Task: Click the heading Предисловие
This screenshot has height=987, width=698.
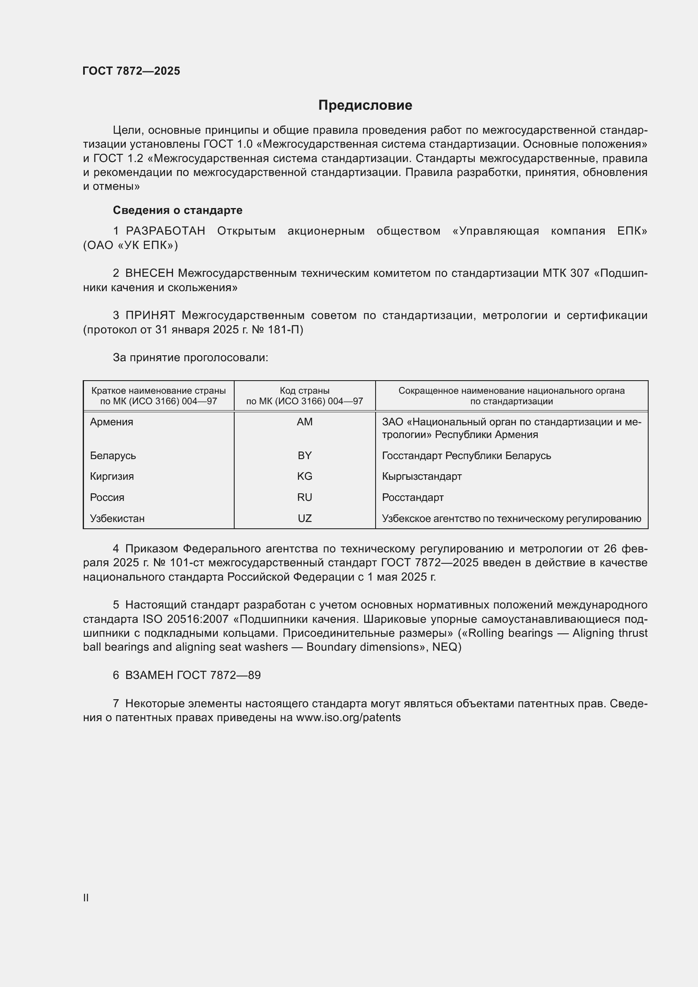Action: click(365, 105)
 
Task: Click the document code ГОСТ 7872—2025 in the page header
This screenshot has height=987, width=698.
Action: click(131, 71)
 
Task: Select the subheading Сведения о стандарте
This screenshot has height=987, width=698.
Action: click(178, 210)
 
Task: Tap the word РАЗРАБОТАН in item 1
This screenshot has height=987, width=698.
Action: click(165, 231)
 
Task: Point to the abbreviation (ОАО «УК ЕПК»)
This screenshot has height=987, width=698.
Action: click(130, 246)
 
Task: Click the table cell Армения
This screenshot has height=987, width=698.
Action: click(111, 422)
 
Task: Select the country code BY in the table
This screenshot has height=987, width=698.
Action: click(304, 456)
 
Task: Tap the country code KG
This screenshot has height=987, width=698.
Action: click(304, 476)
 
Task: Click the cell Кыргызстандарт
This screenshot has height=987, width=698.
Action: click(422, 476)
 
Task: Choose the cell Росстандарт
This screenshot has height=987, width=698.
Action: click(413, 498)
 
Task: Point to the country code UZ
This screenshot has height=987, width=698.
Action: click(304, 519)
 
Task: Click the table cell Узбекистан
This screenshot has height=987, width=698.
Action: click(117, 519)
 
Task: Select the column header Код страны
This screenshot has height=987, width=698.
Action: click(304, 391)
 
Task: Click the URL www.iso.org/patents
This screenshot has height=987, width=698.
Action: click(348, 717)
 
